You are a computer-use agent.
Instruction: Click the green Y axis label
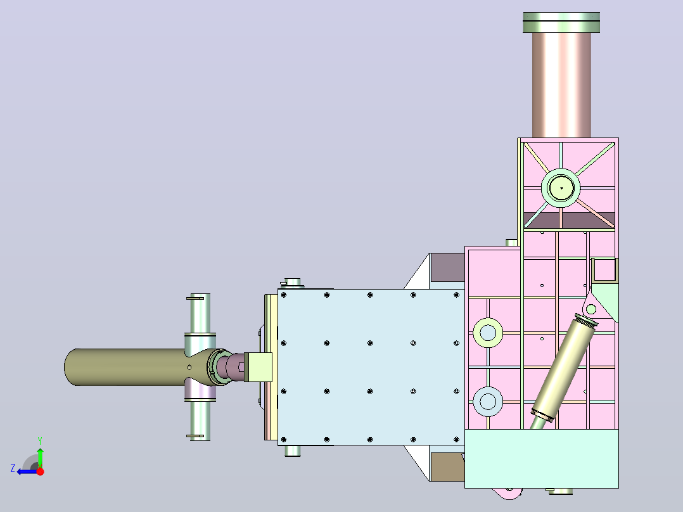[x=40, y=441]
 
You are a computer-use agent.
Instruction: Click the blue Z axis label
[x=13, y=468]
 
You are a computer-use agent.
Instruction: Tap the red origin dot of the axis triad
[x=40, y=471]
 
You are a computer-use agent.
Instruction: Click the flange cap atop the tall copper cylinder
[x=561, y=22]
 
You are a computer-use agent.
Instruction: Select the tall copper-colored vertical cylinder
[x=561, y=85]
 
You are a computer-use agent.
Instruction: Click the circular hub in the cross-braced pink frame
[x=561, y=188]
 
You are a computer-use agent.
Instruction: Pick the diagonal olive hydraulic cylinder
[x=564, y=368]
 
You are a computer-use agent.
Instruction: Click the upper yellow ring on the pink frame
[x=487, y=333]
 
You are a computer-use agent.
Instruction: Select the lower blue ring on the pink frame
[x=487, y=401]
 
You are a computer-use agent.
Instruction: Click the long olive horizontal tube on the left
[x=126, y=367]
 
